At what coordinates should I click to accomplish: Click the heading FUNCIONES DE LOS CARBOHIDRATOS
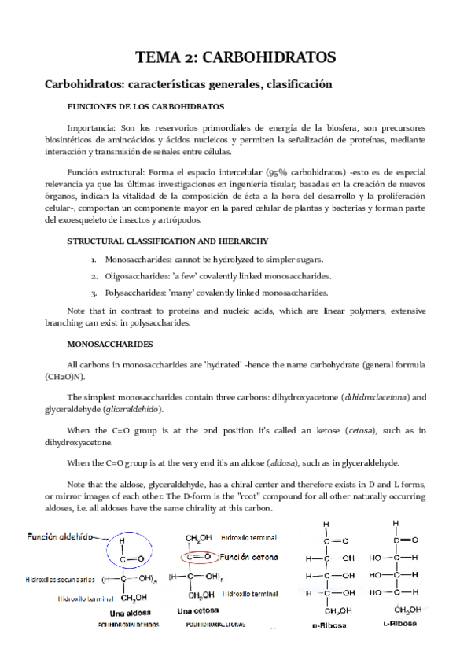(146, 106)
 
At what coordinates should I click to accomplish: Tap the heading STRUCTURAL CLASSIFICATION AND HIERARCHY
(168, 240)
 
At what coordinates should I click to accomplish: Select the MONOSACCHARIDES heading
(109, 344)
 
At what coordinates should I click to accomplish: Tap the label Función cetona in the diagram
(251, 556)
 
